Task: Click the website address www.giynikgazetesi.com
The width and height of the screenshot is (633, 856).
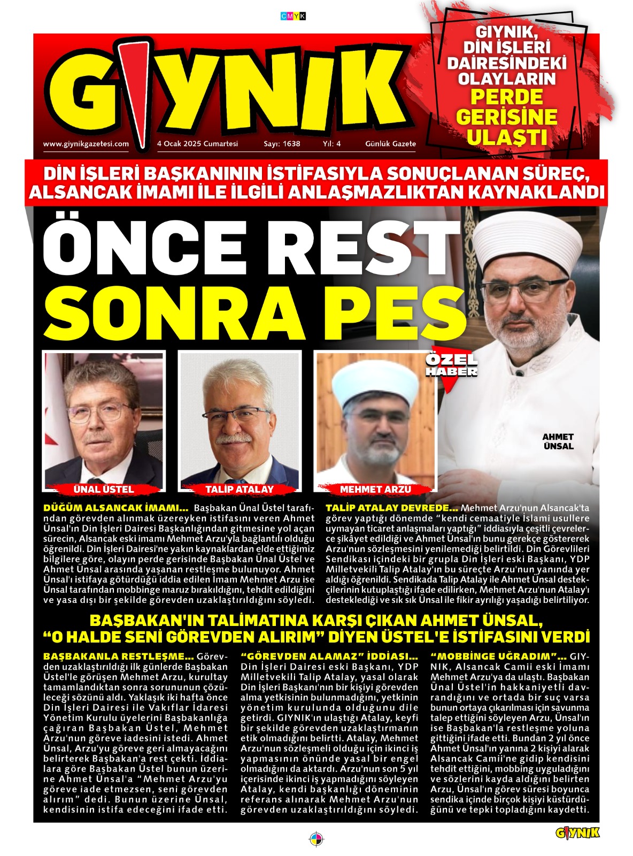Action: (x=86, y=144)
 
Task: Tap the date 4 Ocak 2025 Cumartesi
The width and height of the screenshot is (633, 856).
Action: (x=197, y=144)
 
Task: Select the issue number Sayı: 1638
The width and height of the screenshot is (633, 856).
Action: (x=282, y=144)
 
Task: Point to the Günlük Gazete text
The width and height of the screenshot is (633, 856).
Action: (x=390, y=144)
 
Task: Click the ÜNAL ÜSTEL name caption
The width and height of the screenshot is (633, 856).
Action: (x=103, y=489)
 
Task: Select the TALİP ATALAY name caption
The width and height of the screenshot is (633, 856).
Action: (x=239, y=489)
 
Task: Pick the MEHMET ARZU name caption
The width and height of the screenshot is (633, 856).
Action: (x=375, y=489)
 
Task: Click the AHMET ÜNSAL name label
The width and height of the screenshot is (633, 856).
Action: (x=558, y=441)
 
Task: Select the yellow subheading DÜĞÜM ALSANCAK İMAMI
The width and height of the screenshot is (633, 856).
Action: (x=115, y=508)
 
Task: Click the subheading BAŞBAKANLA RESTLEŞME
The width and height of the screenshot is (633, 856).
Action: (x=118, y=656)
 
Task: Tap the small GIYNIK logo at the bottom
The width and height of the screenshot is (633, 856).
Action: (x=577, y=832)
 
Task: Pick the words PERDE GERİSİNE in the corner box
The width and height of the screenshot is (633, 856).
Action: (x=506, y=107)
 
